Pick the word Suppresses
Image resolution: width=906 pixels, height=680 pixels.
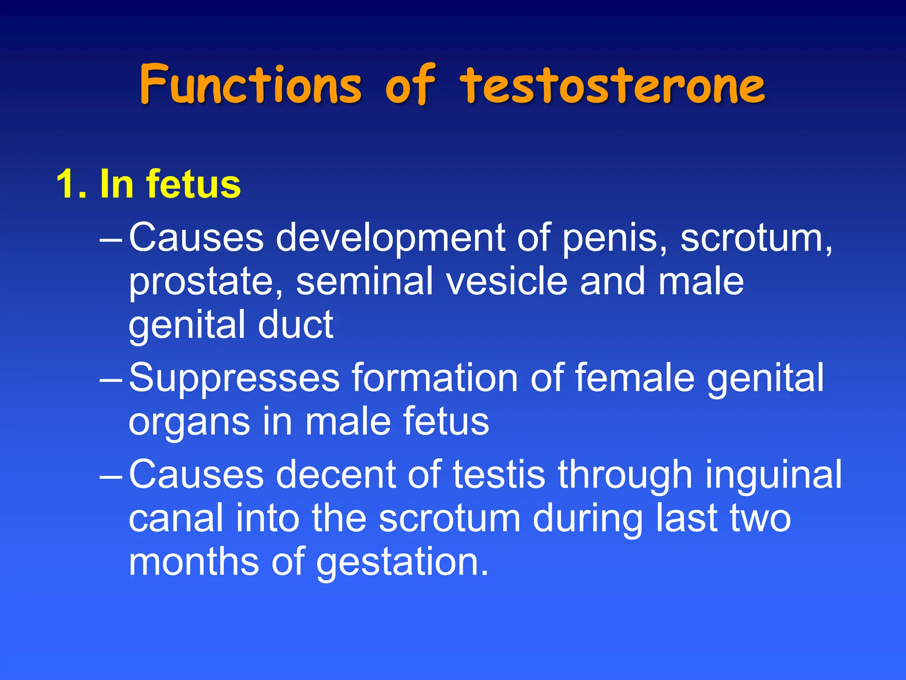234,379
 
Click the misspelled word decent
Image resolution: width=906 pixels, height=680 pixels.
336,475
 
